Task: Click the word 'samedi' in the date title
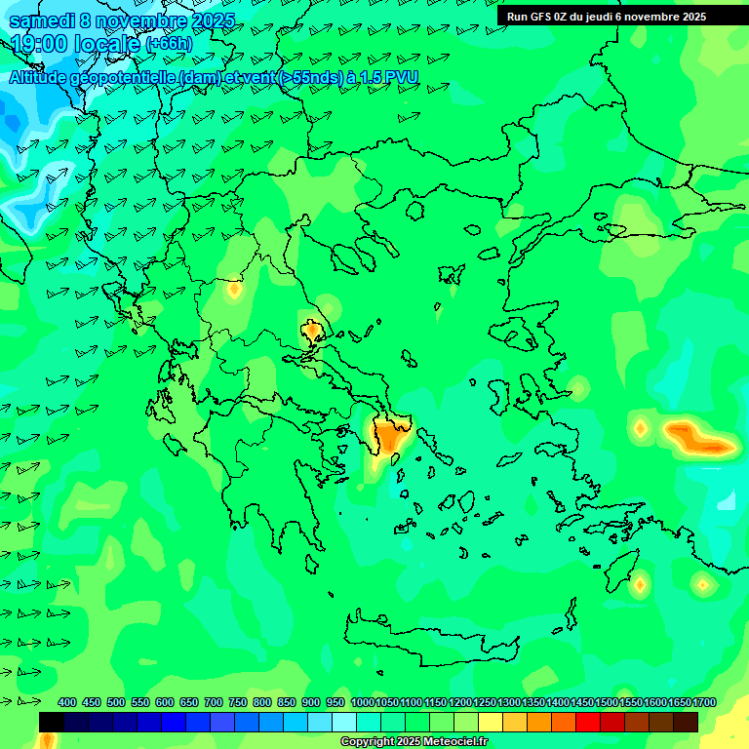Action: tap(41, 20)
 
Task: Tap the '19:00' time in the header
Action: tap(37, 44)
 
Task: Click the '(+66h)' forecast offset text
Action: tap(169, 44)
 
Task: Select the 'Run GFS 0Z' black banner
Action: tap(607, 17)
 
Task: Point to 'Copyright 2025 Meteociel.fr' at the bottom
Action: tap(414, 742)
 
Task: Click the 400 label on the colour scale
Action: tap(67, 702)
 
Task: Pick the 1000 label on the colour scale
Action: tap(363, 702)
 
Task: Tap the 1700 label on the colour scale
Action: tap(704, 702)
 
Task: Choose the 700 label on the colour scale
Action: tap(214, 702)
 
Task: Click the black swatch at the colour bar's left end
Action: tap(52, 722)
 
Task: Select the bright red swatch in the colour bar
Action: tap(588, 722)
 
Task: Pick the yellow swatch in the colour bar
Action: tap(491, 722)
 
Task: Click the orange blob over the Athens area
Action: tap(391, 435)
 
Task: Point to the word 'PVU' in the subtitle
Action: tap(402, 77)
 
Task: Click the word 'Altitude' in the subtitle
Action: tap(39, 77)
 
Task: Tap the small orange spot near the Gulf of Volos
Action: tap(312, 332)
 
